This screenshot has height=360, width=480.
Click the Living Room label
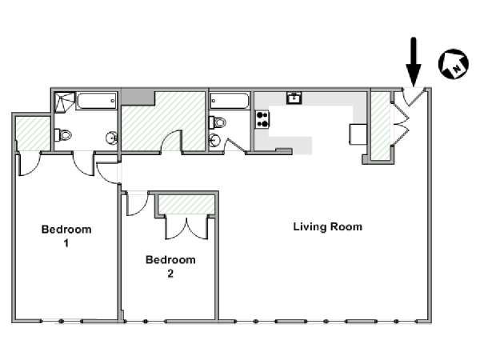point(327,227)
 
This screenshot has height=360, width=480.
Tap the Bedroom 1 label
point(66,236)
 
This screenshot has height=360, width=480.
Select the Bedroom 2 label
point(170,266)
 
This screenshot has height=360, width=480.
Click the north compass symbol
point(454,64)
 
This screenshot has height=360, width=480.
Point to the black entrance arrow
point(414,62)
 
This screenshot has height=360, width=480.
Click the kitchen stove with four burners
point(262,119)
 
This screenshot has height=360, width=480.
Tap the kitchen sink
point(294,98)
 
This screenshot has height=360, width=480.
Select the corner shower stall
point(65,101)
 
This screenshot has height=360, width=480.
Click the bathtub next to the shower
point(97,101)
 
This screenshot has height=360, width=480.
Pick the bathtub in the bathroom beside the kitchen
point(230,101)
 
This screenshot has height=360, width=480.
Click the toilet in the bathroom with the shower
point(62,134)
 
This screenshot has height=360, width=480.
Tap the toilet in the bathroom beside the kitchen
point(218,122)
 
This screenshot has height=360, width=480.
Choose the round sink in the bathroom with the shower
point(112,138)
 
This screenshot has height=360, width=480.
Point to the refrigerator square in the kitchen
point(358,134)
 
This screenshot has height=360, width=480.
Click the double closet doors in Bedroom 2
point(186,227)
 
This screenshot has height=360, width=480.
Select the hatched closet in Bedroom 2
point(186,205)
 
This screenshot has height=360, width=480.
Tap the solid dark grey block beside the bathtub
point(138,98)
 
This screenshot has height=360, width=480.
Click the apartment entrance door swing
point(413,97)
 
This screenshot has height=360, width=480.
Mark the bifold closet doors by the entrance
point(401,122)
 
